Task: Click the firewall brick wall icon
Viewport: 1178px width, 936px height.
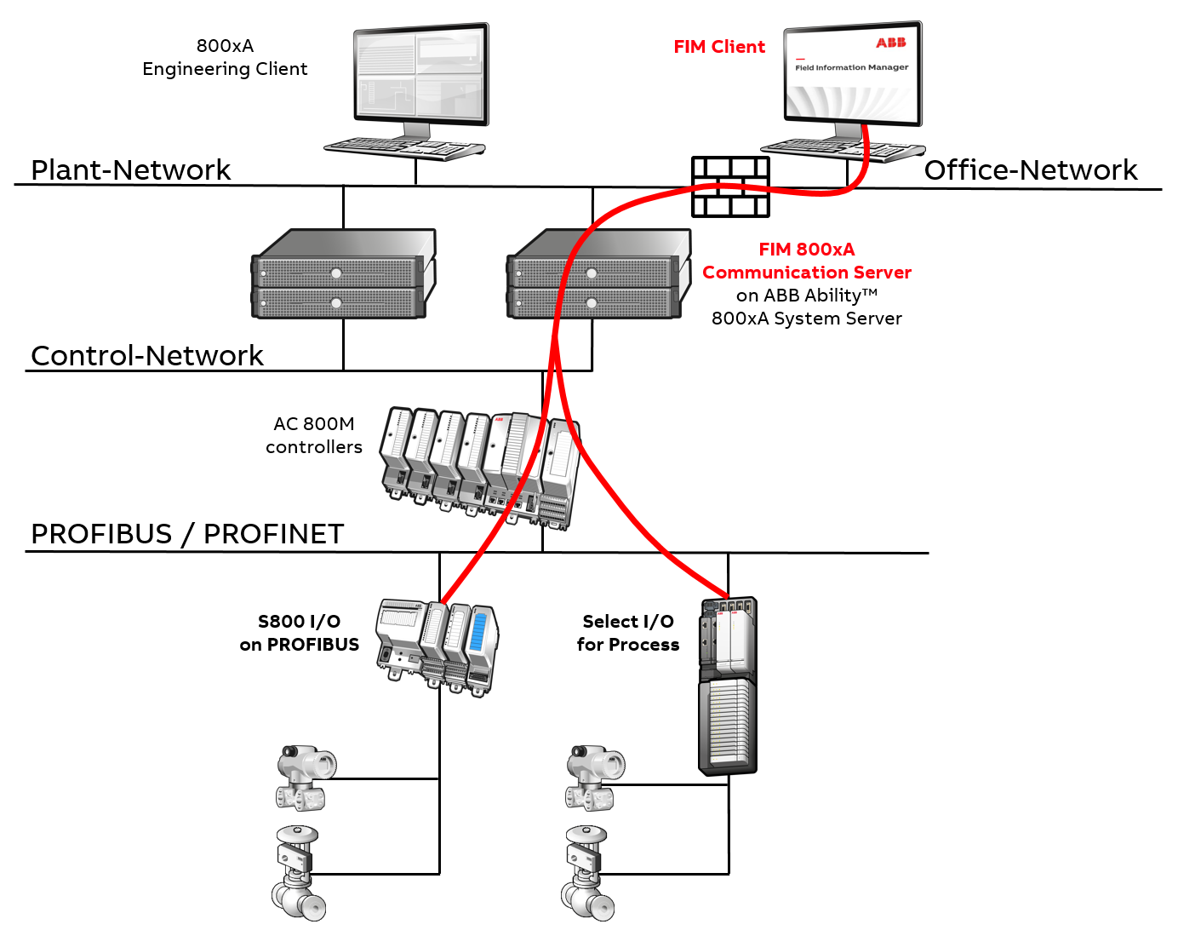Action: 730,187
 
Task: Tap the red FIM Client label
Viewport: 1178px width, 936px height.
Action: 718,47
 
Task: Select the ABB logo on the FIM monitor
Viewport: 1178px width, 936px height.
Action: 890,43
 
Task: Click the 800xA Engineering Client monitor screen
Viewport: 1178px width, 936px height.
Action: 420,76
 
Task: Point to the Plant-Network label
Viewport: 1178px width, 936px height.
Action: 130,169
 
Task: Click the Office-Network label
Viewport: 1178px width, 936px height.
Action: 1030,169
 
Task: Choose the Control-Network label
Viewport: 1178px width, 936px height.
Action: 146,355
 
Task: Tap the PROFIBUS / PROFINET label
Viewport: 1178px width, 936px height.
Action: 187,534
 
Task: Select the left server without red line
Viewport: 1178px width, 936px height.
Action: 342,274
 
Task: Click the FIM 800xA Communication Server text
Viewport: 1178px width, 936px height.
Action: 806,261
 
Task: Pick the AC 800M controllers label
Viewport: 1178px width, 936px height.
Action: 313,435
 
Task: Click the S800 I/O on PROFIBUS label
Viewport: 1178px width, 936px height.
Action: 299,633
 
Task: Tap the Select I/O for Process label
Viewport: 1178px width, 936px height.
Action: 627,633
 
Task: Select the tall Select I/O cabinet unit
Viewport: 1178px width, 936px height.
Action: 727,686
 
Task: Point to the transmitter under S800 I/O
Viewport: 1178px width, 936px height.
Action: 305,777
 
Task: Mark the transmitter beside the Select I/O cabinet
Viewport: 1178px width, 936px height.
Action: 594,777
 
